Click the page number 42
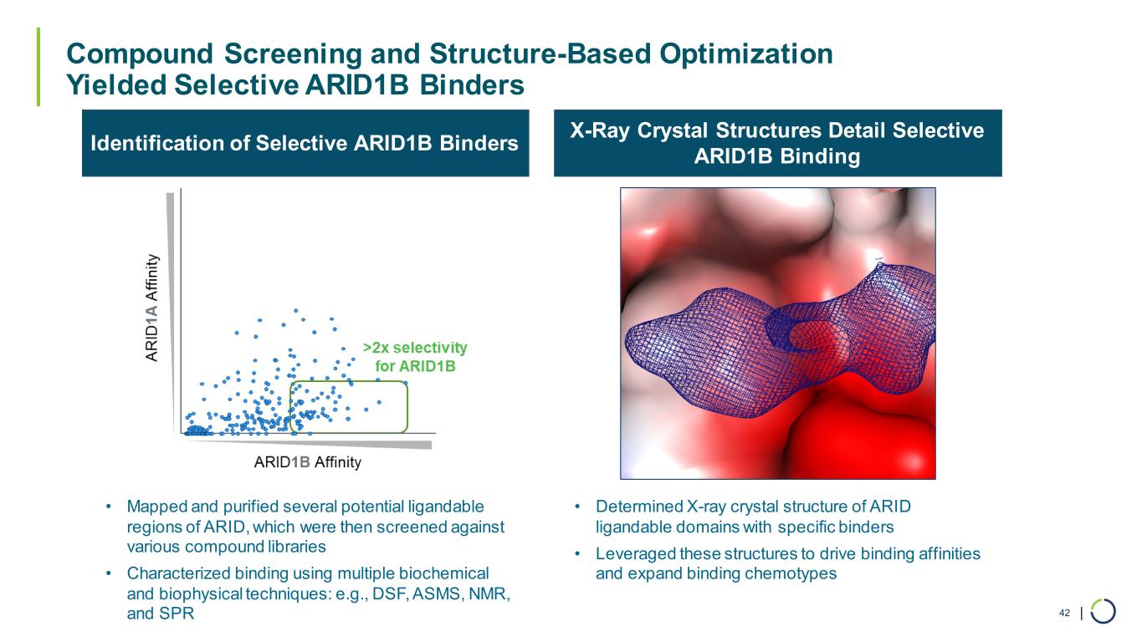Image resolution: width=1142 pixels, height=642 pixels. pos(1064,613)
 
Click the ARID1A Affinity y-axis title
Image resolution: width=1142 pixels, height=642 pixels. pos(152,308)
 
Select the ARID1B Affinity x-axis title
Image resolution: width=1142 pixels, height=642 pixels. pos(307,462)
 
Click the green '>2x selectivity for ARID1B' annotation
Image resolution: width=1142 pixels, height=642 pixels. pos(415,357)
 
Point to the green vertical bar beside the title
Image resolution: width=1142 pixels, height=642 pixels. pos(38,67)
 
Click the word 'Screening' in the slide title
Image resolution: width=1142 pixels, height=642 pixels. pos(293,53)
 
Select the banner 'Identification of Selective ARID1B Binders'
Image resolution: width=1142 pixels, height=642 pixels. pos(305,143)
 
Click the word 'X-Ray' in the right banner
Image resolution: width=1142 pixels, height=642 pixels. pos(600,130)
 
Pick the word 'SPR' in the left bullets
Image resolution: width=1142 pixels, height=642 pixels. pos(177,613)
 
